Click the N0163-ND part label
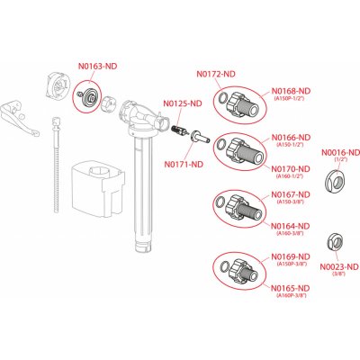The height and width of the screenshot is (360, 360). coord(97,67)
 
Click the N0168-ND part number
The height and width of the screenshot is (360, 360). coord(292,90)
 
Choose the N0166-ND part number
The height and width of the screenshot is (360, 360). coord(292,137)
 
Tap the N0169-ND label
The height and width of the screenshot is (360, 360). coord(292,256)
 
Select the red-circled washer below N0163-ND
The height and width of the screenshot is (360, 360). coord(88,94)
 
